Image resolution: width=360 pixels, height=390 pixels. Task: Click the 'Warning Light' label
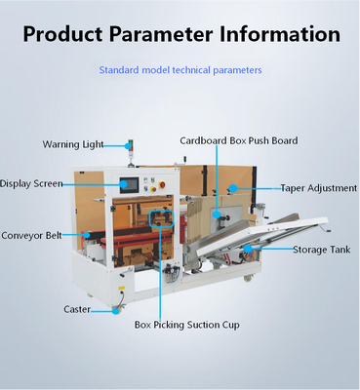(x=72, y=144)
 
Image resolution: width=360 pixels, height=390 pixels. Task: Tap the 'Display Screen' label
(x=30, y=183)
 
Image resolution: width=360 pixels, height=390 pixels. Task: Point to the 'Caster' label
(x=77, y=309)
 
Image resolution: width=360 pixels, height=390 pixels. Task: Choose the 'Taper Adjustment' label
(x=318, y=187)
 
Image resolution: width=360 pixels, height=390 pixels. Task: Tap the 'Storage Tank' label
(x=322, y=251)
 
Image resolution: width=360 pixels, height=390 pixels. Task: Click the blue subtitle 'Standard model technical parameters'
(x=180, y=70)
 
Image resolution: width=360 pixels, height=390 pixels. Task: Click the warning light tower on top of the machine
(x=128, y=154)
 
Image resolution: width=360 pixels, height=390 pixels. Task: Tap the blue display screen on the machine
(x=129, y=185)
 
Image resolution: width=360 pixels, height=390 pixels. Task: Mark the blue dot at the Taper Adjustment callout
(x=233, y=186)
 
